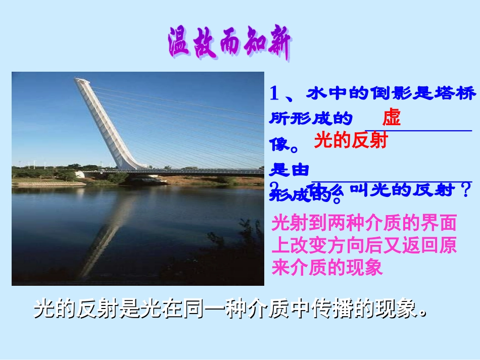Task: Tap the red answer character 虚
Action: pos(391,118)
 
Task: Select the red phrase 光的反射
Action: pos(350,140)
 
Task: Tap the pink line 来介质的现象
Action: pos(327,267)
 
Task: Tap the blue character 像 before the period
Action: pos(279,145)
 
